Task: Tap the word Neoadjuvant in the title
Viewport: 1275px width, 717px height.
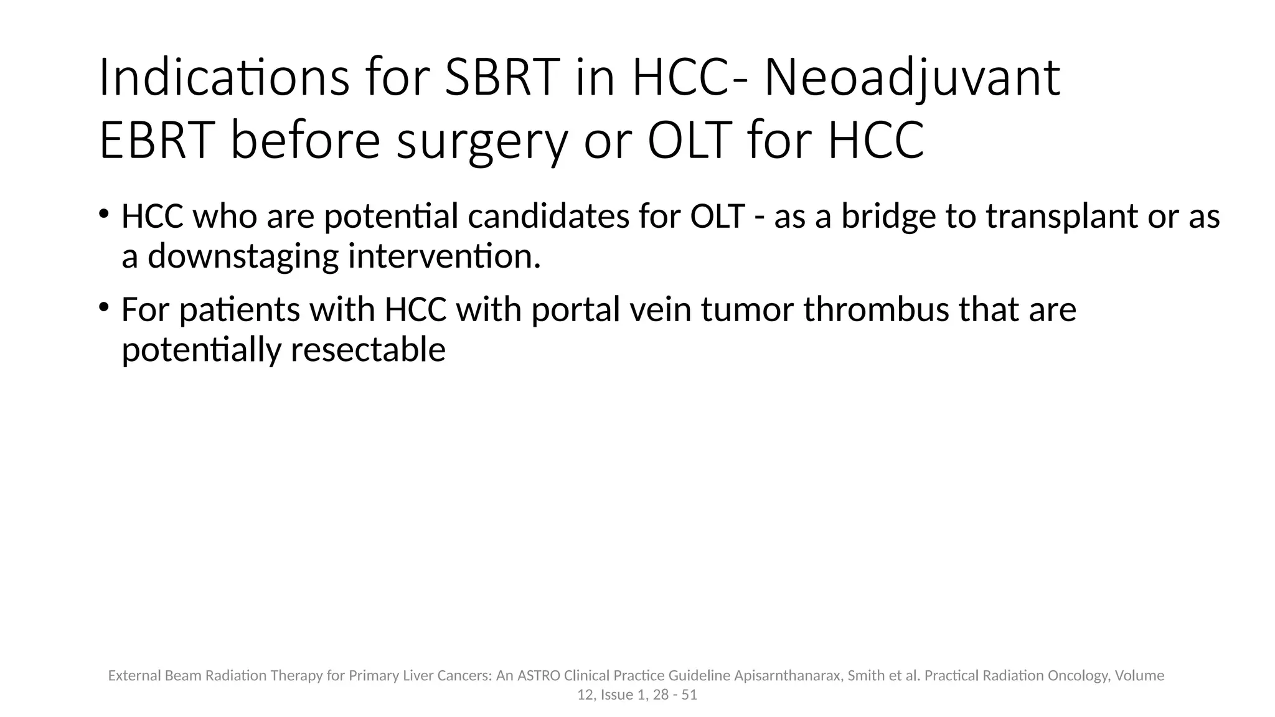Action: click(911, 78)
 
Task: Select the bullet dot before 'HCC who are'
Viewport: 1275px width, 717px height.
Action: click(104, 214)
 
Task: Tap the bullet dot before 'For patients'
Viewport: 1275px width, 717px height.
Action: click(104, 307)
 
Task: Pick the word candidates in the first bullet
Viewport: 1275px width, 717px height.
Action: click(548, 216)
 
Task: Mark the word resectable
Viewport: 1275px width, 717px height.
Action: click(368, 349)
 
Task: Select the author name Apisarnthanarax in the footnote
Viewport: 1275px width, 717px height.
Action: click(788, 676)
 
